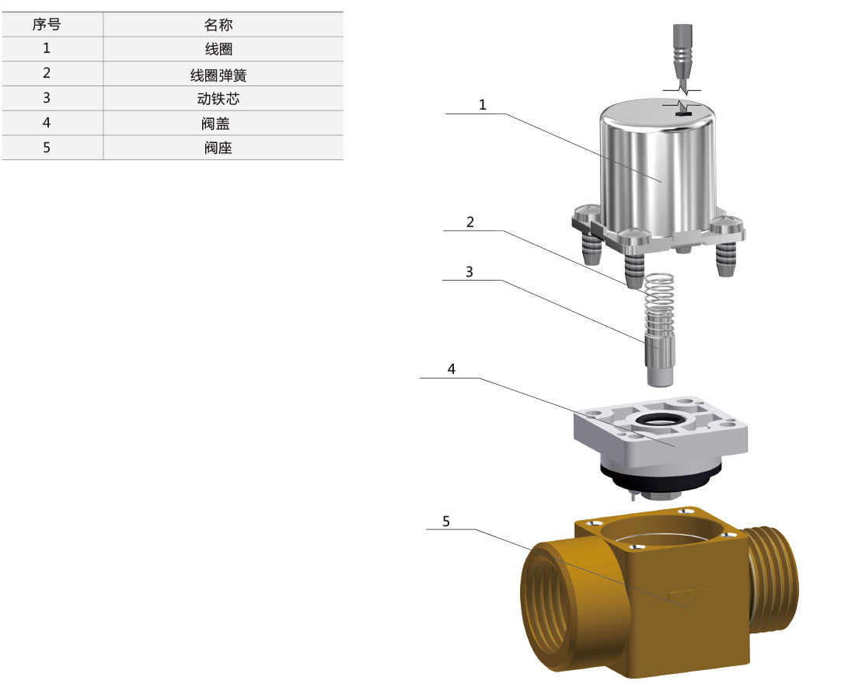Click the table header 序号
click(x=46, y=25)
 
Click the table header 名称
click(x=218, y=25)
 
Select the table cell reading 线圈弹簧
click(x=218, y=74)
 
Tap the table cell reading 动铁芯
click(x=218, y=99)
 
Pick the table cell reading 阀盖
click(x=215, y=124)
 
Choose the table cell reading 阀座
click(x=218, y=148)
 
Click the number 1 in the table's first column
click(x=47, y=48)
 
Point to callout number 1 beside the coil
click(x=483, y=104)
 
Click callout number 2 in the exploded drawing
click(x=470, y=222)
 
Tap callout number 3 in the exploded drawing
click(x=469, y=272)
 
